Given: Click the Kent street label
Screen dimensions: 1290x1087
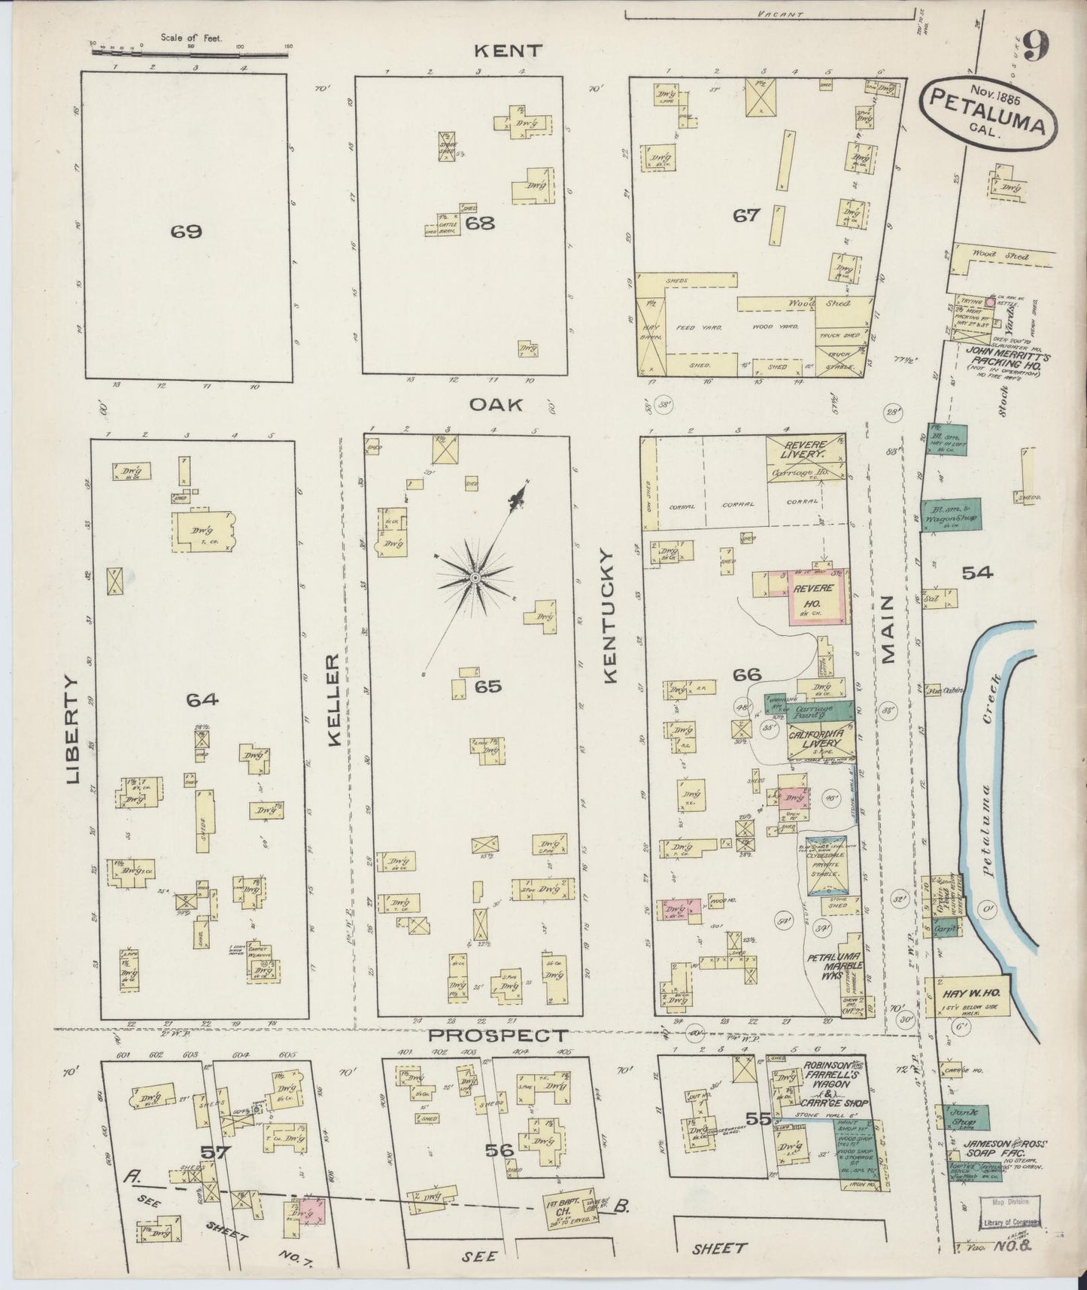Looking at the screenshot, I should click(507, 51).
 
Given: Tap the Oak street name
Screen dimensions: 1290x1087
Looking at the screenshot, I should click(496, 405).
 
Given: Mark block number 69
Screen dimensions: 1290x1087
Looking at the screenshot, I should click(186, 232).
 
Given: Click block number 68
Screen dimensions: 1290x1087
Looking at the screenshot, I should click(480, 223).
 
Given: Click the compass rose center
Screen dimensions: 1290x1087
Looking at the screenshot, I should click(475, 577).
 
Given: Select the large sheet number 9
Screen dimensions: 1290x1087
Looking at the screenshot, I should click(1037, 48).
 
